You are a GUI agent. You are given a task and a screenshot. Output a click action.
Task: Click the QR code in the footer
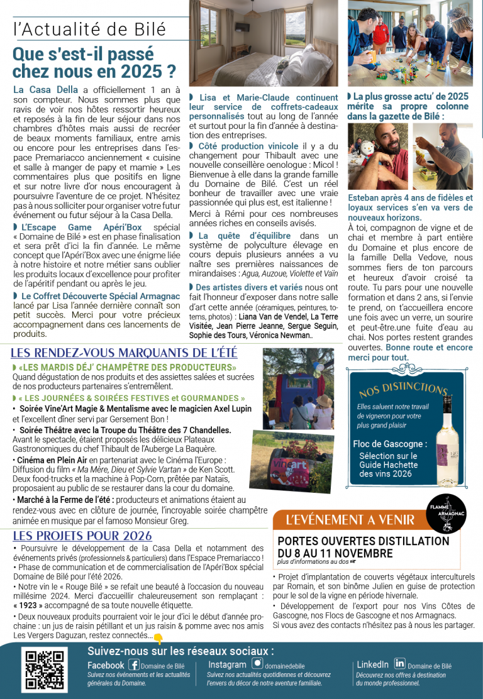pyautogui.click(x=45, y=670)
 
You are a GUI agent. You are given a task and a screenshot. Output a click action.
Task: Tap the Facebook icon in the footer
pyautogui.click(x=133, y=664)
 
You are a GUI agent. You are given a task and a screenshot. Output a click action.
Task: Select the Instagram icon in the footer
pyautogui.click(x=257, y=664)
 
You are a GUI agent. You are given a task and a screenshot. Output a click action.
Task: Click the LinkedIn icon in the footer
pyautogui.click(x=399, y=663)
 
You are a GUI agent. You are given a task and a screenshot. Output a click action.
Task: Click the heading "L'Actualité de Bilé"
pyautogui.click(x=89, y=30)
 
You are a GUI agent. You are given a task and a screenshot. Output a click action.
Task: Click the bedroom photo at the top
pyautogui.click(x=263, y=43)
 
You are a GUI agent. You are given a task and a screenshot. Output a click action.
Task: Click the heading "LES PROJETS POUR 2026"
pyautogui.click(x=82, y=536)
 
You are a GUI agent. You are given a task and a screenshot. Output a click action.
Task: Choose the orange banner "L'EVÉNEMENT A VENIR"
pyautogui.click(x=350, y=520)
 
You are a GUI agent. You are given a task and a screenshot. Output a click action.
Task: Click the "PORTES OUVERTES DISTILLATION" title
pyautogui.click(x=363, y=541)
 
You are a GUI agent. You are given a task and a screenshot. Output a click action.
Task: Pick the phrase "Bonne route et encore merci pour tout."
pyautogui.click(x=409, y=352)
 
